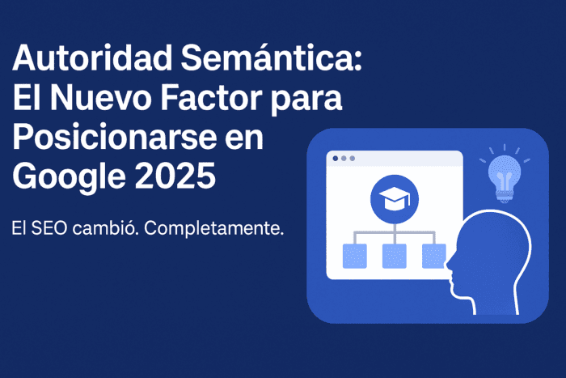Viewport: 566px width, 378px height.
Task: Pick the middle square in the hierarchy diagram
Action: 393,256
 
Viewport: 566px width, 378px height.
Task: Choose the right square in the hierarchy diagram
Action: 433,256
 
